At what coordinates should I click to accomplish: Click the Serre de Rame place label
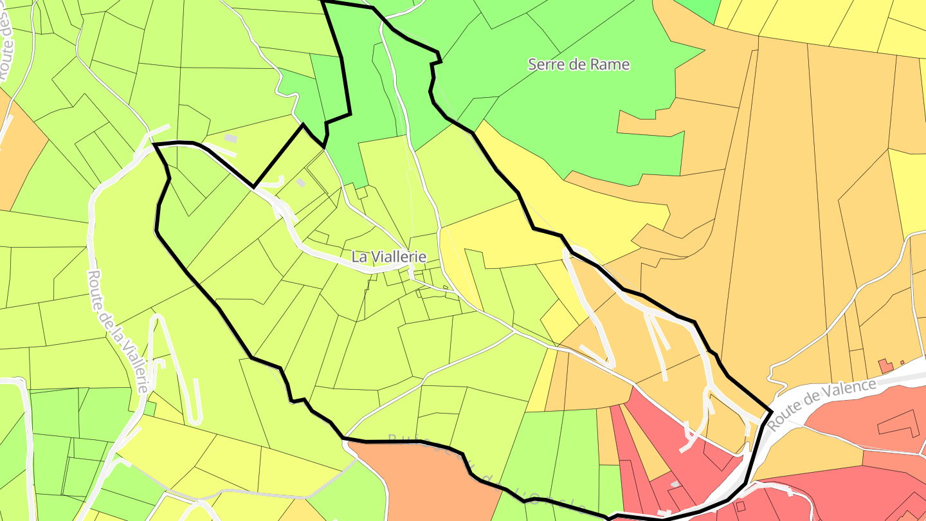pyautogui.click(x=578, y=64)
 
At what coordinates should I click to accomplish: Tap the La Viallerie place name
pyautogui.click(x=389, y=257)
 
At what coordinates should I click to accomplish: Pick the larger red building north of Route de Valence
pyautogui.click(x=885, y=366)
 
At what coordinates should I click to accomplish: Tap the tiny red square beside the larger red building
pyautogui.click(x=902, y=363)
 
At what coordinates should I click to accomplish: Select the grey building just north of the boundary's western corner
pyautogui.click(x=230, y=138)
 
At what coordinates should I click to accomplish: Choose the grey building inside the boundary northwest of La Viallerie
pyautogui.click(x=300, y=183)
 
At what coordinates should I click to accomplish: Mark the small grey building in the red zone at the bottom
pyautogui.click(x=675, y=484)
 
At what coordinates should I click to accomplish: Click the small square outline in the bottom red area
pyautogui.click(x=740, y=506)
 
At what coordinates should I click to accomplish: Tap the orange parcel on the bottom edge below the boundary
pyautogui.click(x=424, y=482)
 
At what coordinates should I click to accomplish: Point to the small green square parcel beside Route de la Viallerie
pyautogui.click(x=149, y=408)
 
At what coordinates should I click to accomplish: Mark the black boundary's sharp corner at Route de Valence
pyautogui.click(x=771, y=411)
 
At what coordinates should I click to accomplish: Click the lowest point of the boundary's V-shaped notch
pyautogui.click(x=253, y=187)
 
